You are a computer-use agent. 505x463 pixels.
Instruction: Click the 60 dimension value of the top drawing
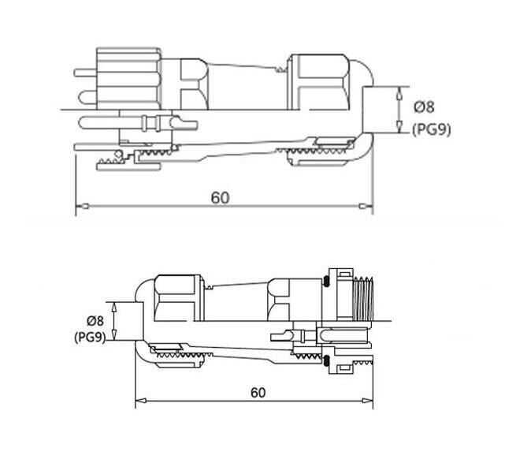220,197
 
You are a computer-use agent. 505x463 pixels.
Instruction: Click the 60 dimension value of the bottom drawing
257,392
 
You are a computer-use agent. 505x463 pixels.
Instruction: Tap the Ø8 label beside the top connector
425,107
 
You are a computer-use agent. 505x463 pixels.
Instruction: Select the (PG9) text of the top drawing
431,129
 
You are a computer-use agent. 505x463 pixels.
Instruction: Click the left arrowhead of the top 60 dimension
79,207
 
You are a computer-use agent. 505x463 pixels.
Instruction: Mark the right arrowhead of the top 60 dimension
368,207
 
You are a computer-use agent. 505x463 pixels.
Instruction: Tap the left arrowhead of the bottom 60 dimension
140,402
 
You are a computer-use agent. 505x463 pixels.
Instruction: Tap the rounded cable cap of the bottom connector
142,316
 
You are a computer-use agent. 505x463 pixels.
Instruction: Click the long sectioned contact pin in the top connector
150,123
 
